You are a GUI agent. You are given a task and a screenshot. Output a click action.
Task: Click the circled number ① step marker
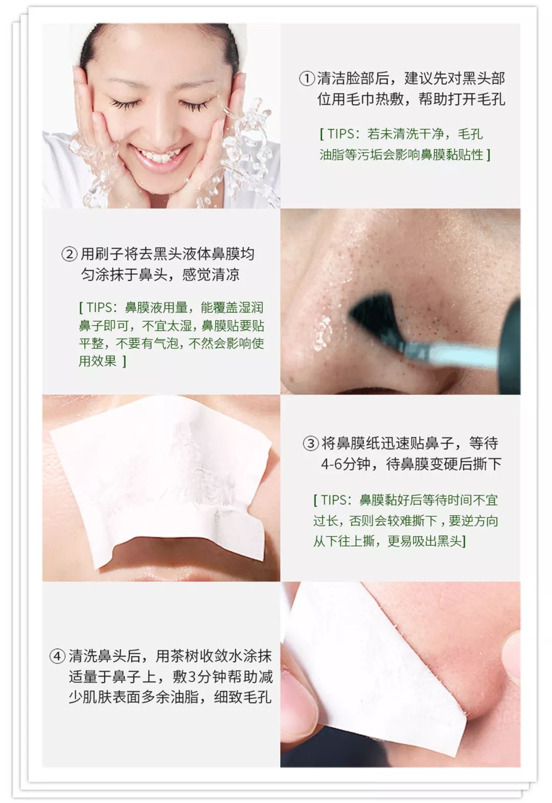point(307,79)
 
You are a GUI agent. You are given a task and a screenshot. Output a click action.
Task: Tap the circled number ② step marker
point(70,254)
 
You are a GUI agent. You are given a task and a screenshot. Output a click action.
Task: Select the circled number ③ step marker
point(310,443)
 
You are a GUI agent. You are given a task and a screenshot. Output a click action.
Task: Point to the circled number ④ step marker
point(57,656)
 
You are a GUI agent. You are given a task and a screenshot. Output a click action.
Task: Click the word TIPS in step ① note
point(341,134)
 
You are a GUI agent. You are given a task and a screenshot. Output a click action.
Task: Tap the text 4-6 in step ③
point(331,464)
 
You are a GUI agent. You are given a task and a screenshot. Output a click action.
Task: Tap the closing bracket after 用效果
point(124,361)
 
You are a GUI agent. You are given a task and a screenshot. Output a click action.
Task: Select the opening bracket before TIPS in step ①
point(322,134)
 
